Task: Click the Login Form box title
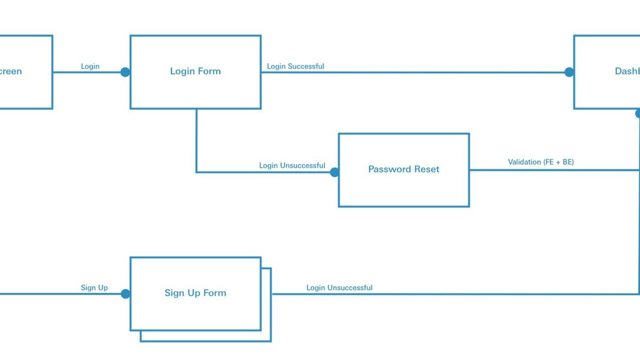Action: click(x=195, y=71)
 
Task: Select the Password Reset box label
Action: click(x=404, y=169)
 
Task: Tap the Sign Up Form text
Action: click(x=195, y=293)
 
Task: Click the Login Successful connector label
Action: click(x=295, y=66)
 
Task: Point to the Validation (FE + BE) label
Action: click(x=540, y=162)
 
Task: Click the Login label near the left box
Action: click(x=90, y=66)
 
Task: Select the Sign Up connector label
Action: click(x=94, y=288)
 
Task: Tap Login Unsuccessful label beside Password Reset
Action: click(x=292, y=165)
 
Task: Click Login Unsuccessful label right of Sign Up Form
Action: click(x=339, y=288)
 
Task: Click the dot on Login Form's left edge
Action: click(x=125, y=72)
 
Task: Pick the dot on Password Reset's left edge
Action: click(x=335, y=172)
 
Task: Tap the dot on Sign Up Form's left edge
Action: click(x=126, y=294)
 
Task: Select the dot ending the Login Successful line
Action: click(x=569, y=72)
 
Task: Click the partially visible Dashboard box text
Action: click(x=627, y=71)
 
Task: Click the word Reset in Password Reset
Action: click(x=426, y=169)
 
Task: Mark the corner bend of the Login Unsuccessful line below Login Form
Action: click(x=196, y=172)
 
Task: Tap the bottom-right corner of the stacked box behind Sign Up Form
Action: click(x=271, y=341)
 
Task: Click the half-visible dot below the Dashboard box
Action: click(x=638, y=113)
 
